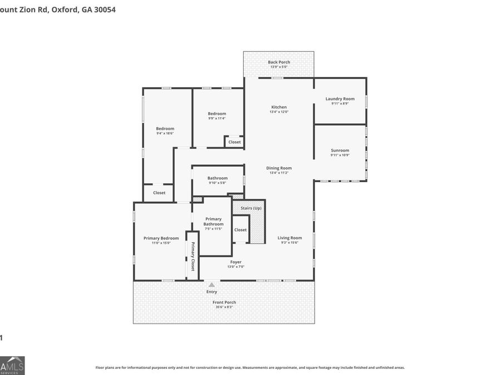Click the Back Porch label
[279, 62]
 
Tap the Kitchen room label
[279, 107]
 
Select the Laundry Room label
[340, 99]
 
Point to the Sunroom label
[340, 151]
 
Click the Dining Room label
[279, 168]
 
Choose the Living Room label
[289, 238]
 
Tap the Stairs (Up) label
[250, 208]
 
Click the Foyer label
[235, 262]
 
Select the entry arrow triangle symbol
[212, 285]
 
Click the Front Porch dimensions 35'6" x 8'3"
[224, 307]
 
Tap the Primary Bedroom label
[161, 238]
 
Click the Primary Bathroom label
[213, 221]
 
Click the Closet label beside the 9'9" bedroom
[234, 142]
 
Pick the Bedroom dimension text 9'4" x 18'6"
[165, 133]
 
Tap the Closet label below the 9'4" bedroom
[159, 193]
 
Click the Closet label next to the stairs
[240, 230]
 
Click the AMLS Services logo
[12, 366]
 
